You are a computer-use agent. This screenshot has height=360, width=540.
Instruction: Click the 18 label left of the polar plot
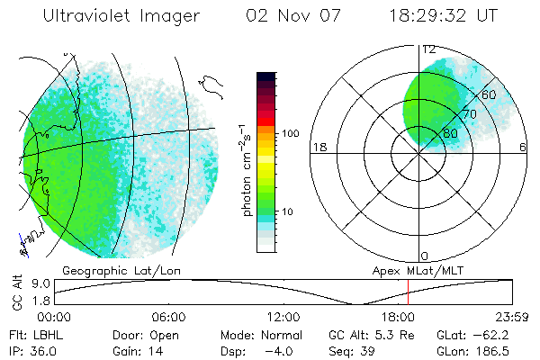318,147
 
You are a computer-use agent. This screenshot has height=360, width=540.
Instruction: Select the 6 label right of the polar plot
523,147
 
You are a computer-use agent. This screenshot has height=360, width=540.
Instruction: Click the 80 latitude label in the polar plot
450,134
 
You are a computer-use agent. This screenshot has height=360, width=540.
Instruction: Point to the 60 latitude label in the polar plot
490,95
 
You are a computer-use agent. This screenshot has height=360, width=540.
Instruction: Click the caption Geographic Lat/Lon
112,270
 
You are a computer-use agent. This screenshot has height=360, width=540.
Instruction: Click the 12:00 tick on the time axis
283,317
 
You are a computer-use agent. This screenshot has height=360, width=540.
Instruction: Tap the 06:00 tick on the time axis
169,317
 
